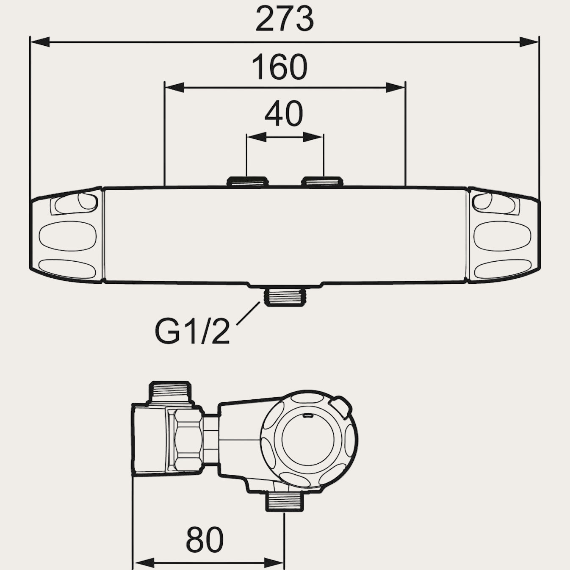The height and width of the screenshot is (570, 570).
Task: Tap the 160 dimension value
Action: click(x=279, y=67)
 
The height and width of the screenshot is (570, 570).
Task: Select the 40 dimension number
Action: click(x=284, y=113)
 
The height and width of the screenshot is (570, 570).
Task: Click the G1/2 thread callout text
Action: click(x=192, y=332)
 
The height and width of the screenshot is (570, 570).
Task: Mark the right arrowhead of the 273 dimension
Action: click(x=529, y=42)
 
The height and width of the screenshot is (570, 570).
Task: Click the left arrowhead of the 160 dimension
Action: click(x=174, y=88)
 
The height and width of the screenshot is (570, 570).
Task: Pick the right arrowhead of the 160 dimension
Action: click(x=396, y=88)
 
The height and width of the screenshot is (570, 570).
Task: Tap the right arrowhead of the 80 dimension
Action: click(x=274, y=563)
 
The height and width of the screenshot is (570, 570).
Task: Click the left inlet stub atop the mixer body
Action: click(x=248, y=182)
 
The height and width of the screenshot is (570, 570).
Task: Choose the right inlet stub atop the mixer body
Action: click(x=322, y=182)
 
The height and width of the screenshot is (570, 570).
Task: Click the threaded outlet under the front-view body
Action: click(x=284, y=297)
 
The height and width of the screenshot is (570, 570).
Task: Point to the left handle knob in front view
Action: click(x=67, y=235)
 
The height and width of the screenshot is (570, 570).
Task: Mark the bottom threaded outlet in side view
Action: click(x=285, y=502)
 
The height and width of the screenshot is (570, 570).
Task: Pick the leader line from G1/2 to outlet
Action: click(x=248, y=314)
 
